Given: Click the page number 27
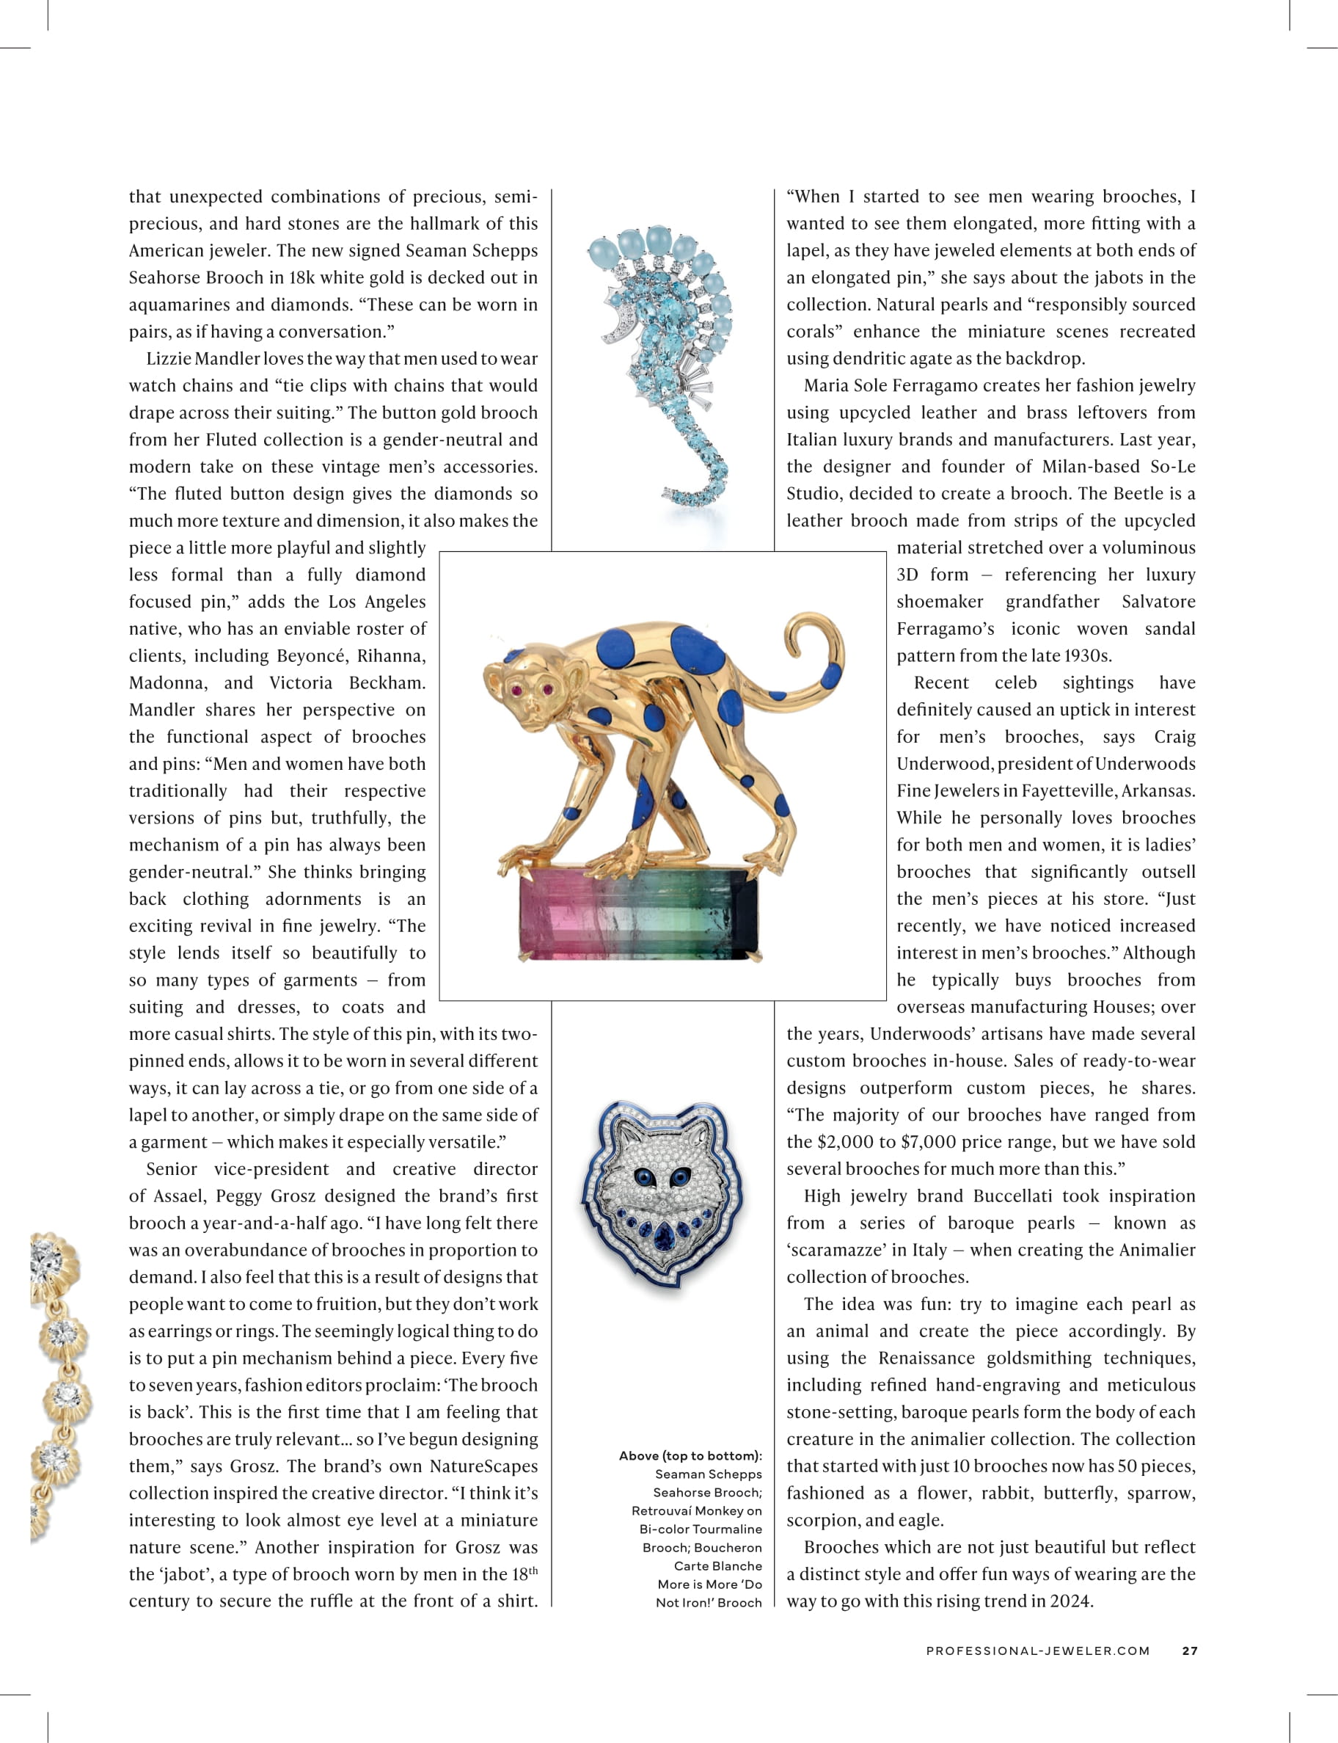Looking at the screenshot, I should (1189, 1651).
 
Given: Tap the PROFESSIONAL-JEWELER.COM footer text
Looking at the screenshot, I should (1038, 1651).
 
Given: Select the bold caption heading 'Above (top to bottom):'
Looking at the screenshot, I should (690, 1455).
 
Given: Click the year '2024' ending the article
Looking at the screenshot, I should (1071, 1601).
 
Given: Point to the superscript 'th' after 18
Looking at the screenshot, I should (533, 1570).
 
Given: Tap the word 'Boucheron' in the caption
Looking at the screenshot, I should (728, 1547).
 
